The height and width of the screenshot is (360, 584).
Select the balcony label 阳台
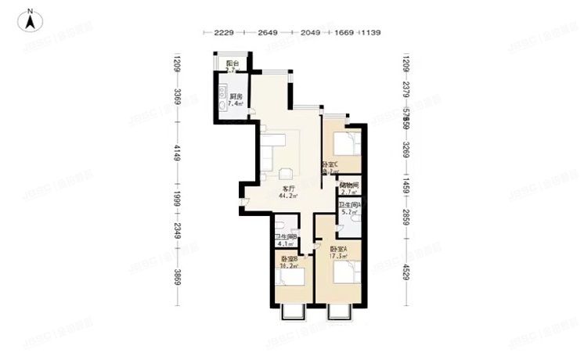click(232, 63)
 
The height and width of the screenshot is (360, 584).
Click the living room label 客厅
click(288, 189)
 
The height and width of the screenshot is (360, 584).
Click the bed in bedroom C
click(345, 145)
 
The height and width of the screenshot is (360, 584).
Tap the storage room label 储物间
click(349, 185)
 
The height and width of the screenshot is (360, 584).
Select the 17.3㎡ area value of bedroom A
click(339, 256)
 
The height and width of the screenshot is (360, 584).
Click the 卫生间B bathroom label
click(285, 237)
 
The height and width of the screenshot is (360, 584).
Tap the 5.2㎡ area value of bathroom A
click(349, 211)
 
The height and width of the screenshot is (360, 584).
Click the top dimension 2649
click(268, 33)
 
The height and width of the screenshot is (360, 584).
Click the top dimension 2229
click(224, 33)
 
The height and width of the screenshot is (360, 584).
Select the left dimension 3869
click(178, 278)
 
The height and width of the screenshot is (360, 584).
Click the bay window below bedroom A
click(339, 312)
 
